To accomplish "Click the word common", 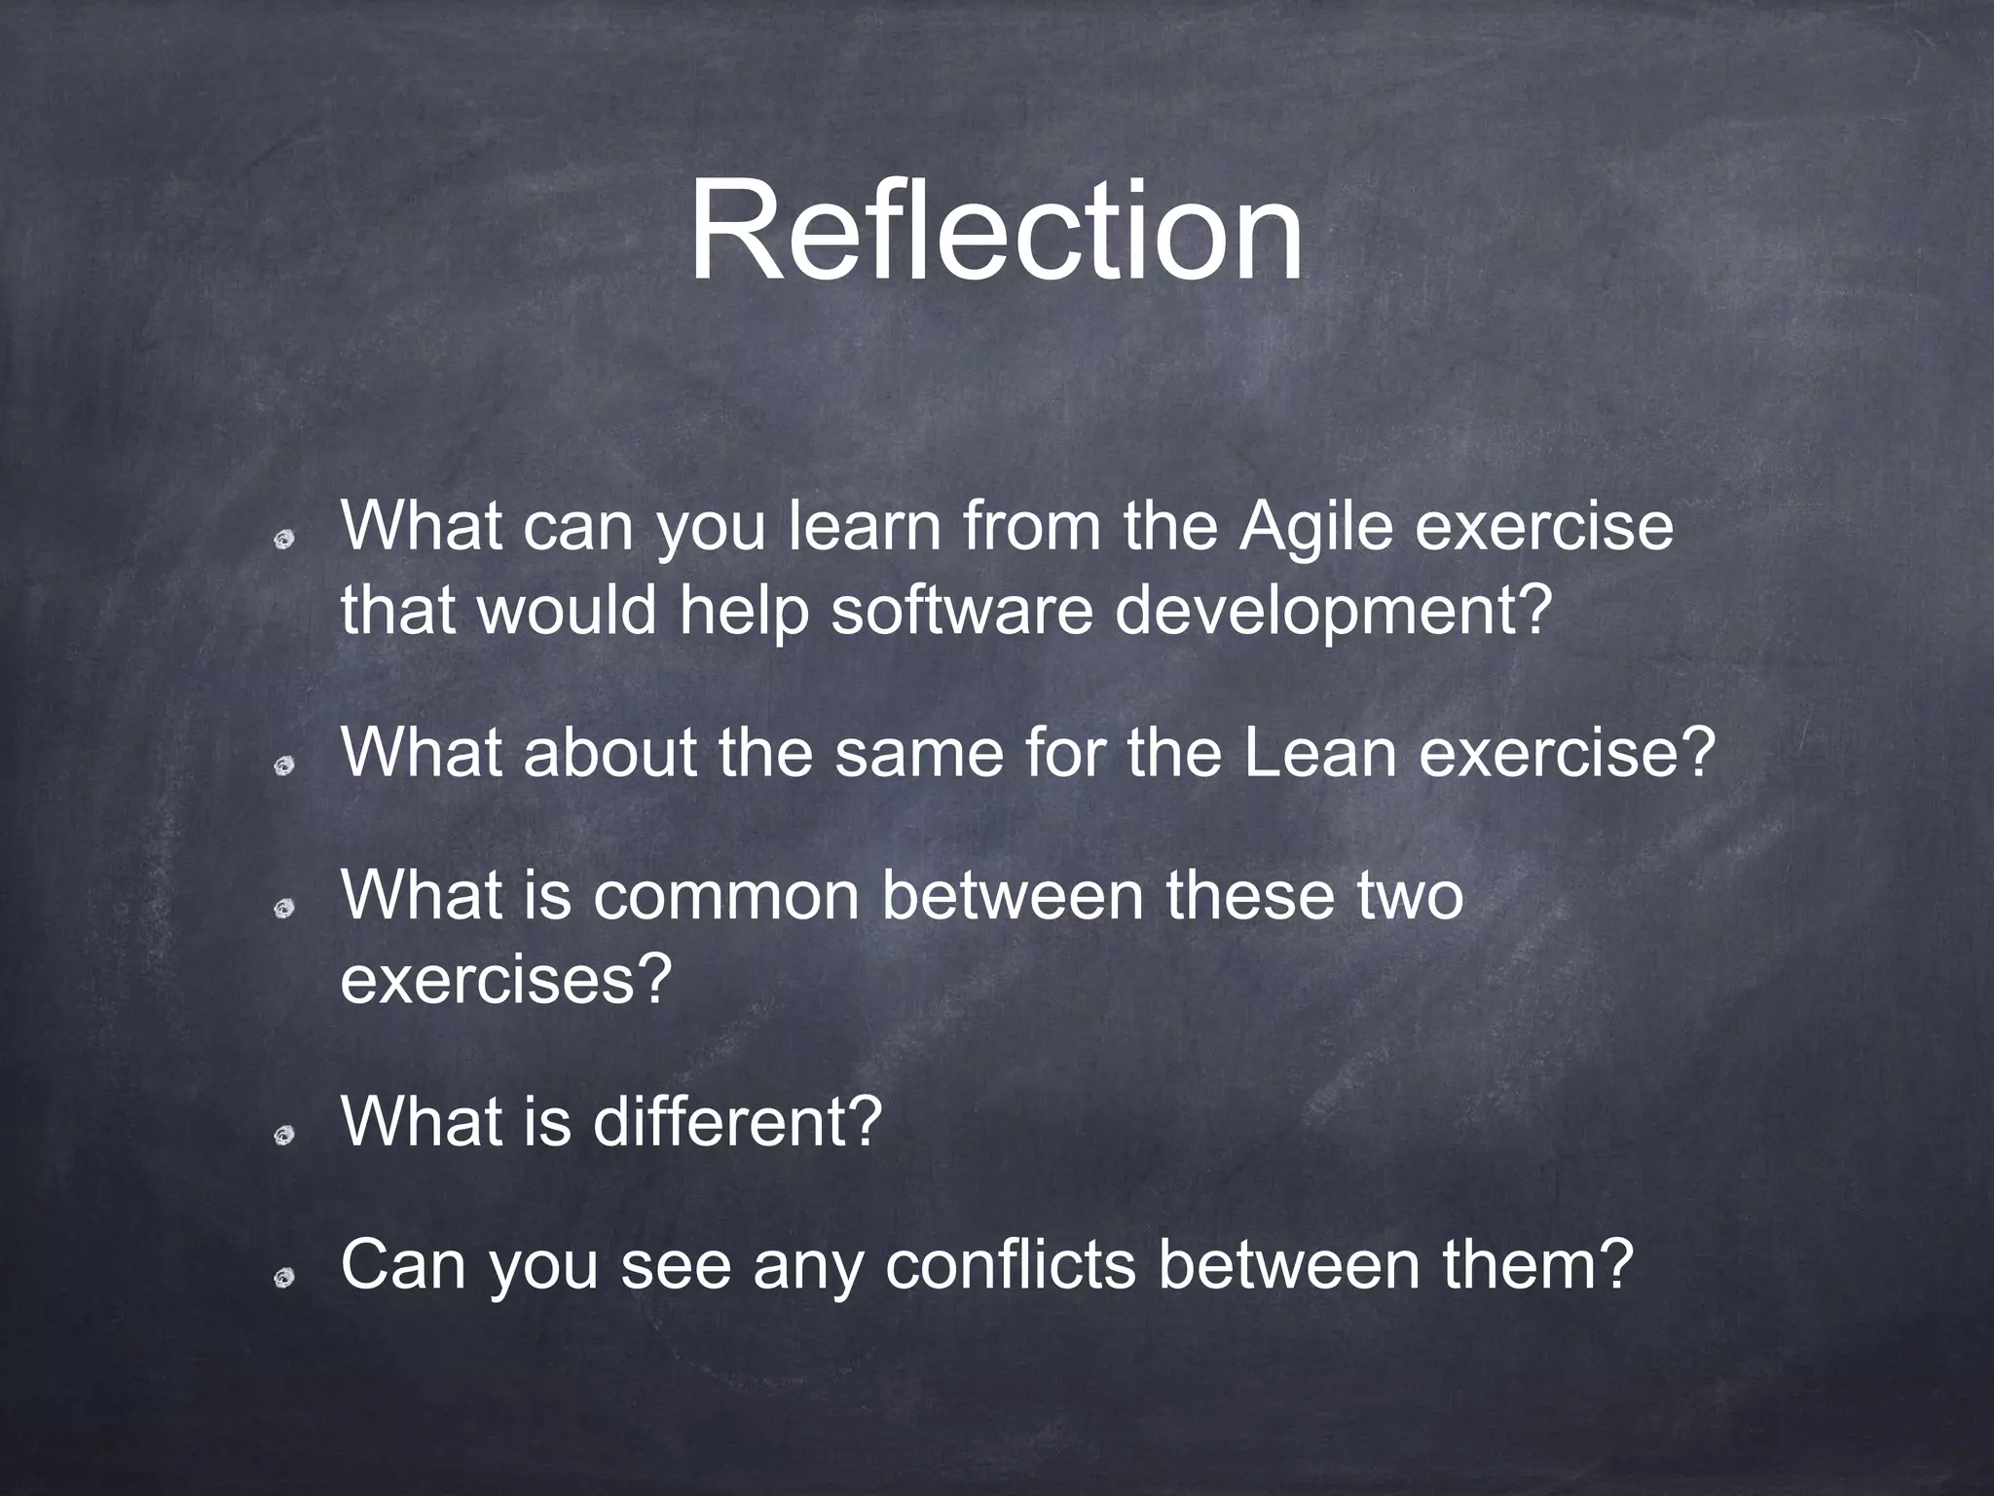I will click(726, 895).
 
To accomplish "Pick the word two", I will click(1406, 897).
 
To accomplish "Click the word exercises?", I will click(506, 980).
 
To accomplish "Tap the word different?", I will click(737, 1122).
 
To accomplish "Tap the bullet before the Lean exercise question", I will click(284, 767).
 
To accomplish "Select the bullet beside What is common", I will click(284, 910).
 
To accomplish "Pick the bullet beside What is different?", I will click(284, 1136).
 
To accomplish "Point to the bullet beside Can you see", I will click(284, 1278).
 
